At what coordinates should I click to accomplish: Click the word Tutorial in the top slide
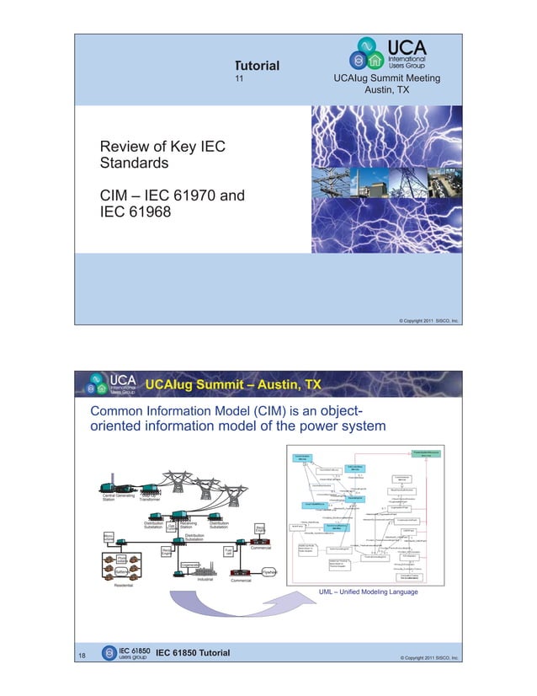point(257,66)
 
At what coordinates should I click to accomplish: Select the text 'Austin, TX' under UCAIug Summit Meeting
point(392,90)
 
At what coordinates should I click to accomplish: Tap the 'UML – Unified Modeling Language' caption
point(368,592)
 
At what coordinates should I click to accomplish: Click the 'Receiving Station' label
point(189,527)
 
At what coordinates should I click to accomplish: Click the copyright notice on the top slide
point(428,321)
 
